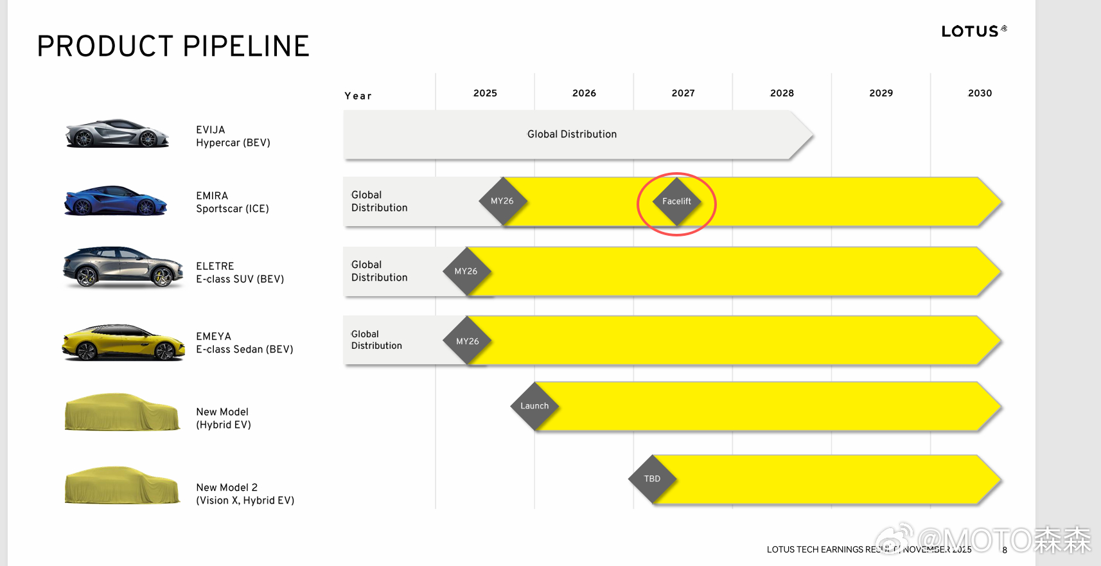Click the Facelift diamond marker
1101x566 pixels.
(x=677, y=202)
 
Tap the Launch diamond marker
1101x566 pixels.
(x=535, y=406)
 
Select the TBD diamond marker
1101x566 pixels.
(x=652, y=479)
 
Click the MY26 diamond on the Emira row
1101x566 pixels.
(x=503, y=201)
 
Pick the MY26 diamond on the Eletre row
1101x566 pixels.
(x=466, y=272)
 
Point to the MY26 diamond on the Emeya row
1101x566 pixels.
(x=467, y=341)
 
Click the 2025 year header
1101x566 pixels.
(x=485, y=93)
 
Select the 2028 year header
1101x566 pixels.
(x=782, y=93)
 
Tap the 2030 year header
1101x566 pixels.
(x=980, y=93)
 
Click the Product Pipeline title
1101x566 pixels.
(x=173, y=46)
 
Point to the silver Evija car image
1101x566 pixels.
(x=117, y=133)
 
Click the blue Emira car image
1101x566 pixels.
(x=116, y=200)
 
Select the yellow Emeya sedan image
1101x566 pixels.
(x=123, y=342)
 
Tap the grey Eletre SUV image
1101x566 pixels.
(x=123, y=267)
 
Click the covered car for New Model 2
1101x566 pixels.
(x=122, y=485)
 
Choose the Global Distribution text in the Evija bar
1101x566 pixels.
(x=572, y=134)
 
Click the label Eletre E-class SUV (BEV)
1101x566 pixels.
(x=240, y=272)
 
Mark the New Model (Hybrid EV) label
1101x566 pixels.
(x=224, y=418)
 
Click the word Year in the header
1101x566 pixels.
(x=358, y=96)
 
